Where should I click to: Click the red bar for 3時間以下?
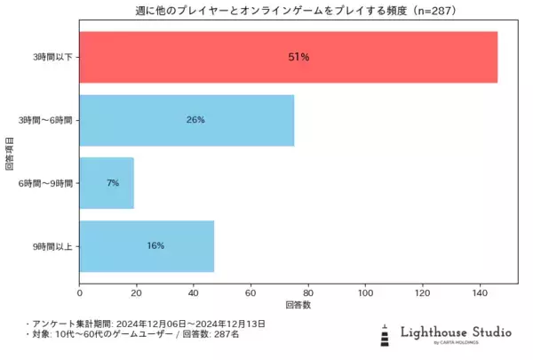[x=288, y=57]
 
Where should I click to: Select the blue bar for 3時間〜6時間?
[x=187, y=120]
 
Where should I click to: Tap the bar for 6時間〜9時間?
[x=107, y=183]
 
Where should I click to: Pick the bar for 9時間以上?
[x=147, y=246]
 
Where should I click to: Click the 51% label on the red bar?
[x=298, y=57]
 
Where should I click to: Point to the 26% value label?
[x=195, y=120]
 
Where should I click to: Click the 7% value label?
[x=112, y=183]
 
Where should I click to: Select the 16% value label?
[x=155, y=246]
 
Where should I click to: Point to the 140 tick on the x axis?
[x=479, y=292]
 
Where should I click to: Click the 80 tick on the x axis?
[x=308, y=292]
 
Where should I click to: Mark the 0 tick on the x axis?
[x=80, y=292]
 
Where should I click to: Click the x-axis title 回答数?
[x=298, y=305]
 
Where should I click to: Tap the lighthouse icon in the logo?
[x=385, y=334]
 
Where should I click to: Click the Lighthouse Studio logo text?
[x=456, y=332]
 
